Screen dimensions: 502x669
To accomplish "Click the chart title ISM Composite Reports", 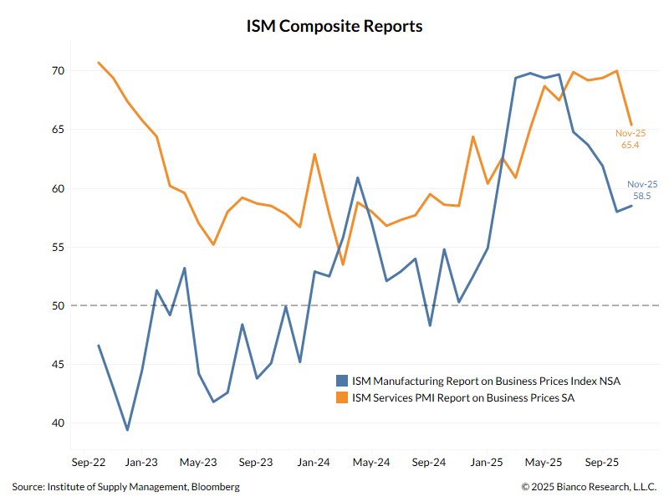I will point(334,26).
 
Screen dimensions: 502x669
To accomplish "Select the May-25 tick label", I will point(544,461).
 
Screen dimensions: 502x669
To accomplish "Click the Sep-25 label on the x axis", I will point(601,461).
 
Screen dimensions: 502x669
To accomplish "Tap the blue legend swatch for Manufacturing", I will point(342,381).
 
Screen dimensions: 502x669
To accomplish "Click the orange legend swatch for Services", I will point(342,398).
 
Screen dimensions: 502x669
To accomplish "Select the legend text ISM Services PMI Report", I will point(463,398).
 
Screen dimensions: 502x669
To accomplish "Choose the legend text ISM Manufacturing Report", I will point(486,381).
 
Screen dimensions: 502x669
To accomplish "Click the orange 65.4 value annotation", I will point(631,145).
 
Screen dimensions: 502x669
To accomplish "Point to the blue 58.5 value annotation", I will point(642,196).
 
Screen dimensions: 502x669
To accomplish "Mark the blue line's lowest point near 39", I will point(127,430).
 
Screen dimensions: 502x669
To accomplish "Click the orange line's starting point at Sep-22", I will point(99,63).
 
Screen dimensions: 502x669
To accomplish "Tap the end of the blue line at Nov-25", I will point(631,206).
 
